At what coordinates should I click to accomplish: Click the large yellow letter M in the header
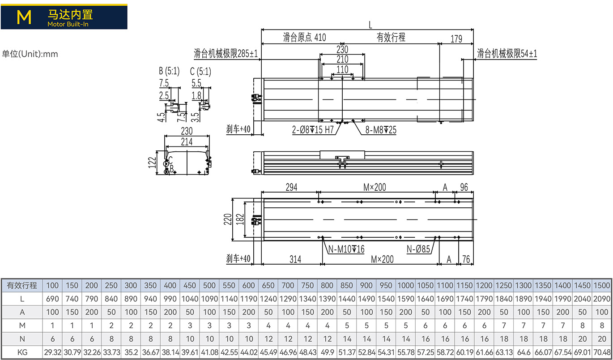[24, 17]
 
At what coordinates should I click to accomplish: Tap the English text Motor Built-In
[68, 24]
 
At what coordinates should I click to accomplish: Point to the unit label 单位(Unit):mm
[30, 54]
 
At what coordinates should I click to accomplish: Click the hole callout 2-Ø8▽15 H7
[313, 129]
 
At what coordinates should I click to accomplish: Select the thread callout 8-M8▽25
[381, 130]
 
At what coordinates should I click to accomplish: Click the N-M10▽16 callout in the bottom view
[346, 249]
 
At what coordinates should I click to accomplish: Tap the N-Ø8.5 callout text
[418, 249]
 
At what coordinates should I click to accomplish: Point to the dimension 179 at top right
[456, 39]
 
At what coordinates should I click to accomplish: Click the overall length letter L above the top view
[370, 25]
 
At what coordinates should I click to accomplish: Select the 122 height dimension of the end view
[152, 163]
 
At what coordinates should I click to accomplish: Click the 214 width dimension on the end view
[187, 142]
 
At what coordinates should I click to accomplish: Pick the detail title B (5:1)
[169, 71]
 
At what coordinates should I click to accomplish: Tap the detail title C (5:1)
[200, 72]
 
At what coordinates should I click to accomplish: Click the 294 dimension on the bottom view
[291, 187]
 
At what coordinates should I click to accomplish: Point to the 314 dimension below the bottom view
[295, 259]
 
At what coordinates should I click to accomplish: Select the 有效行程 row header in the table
[22, 285]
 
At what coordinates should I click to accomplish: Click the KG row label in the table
[22, 352]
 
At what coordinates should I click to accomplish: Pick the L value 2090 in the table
[602, 299]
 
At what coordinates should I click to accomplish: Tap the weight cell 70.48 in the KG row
[602, 352]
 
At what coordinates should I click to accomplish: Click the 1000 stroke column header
[405, 285]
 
